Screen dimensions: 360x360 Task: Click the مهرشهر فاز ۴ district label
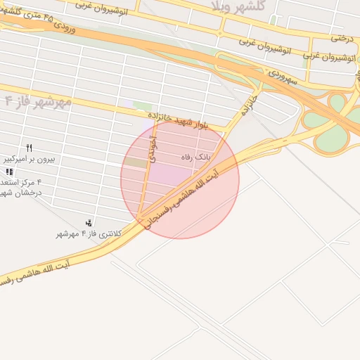click(x=38, y=102)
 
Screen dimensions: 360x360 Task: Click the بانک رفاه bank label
click(x=196, y=156)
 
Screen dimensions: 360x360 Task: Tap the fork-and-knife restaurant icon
click(x=29, y=148)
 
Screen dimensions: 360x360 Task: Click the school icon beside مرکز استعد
click(x=8, y=172)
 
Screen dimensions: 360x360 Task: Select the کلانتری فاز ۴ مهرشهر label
click(x=89, y=233)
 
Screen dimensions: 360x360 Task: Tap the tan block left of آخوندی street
click(x=136, y=162)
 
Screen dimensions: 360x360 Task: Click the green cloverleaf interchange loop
click(x=338, y=104)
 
